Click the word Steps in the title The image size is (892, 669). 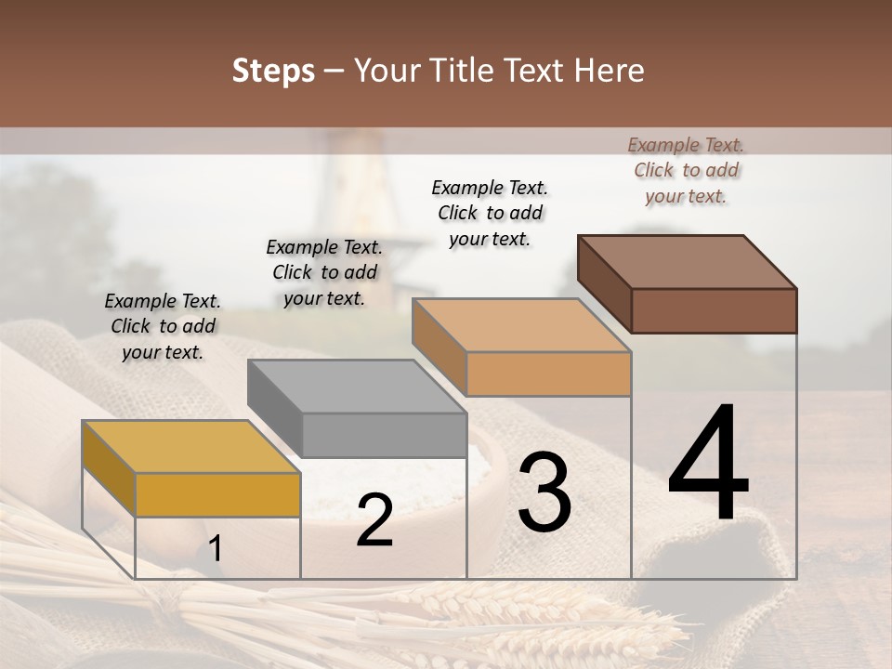(273, 71)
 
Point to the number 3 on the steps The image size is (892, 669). (544, 492)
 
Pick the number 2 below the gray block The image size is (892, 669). (374, 520)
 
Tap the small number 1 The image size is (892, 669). (216, 548)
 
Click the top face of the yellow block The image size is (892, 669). (190, 446)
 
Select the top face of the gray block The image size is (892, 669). (356, 386)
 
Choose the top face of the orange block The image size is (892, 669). (521, 325)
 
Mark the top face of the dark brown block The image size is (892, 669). (687, 262)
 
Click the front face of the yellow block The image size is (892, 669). (218, 494)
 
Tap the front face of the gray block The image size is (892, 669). (384, 435)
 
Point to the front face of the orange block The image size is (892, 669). (549, 374)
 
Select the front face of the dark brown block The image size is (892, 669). (715, 310)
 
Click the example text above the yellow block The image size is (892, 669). (163, 326)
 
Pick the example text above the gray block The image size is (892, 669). (324, 272)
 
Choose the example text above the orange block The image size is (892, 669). (490, 213)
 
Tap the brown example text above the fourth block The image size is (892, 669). (686, 170)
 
